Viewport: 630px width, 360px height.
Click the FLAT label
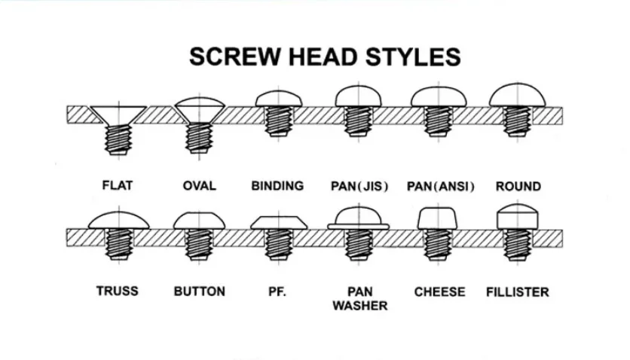[117, 185]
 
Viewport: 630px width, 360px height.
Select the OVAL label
[199, 185]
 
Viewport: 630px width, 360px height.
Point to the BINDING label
[277, 185]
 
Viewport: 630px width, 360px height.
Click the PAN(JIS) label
[359, 185]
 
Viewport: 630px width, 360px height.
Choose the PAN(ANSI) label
[441, 185]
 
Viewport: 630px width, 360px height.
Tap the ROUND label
[518, 185]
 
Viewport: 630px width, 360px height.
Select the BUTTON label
[199, 291]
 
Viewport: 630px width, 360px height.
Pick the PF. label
[277, 291]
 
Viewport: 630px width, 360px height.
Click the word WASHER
[359, 306]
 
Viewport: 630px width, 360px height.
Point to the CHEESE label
[439, 291]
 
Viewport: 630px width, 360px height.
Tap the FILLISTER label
[518, 291]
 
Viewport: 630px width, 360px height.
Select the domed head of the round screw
[518, 95]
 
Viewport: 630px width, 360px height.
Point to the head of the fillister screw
[518, 216]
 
